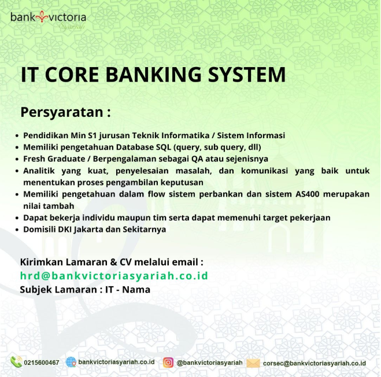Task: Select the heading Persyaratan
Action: (x=65, y=111)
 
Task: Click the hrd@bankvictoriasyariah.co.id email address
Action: (x=114, y=276)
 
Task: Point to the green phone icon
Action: (x=16, y=362)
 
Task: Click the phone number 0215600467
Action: (x=42, y=363)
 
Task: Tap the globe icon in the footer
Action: (x=71, y=362)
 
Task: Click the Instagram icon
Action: (x=168, y=363)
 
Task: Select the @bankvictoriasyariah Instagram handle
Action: (x=209, y=363)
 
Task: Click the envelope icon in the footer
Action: (x=253, y=363)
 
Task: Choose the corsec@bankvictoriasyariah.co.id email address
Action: (x=315, y=363)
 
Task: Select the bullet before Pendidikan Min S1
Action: (x=17, y=135)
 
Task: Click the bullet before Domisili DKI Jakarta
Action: (x=17, y=230)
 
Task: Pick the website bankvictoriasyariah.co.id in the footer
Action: (x=116, y=362)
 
